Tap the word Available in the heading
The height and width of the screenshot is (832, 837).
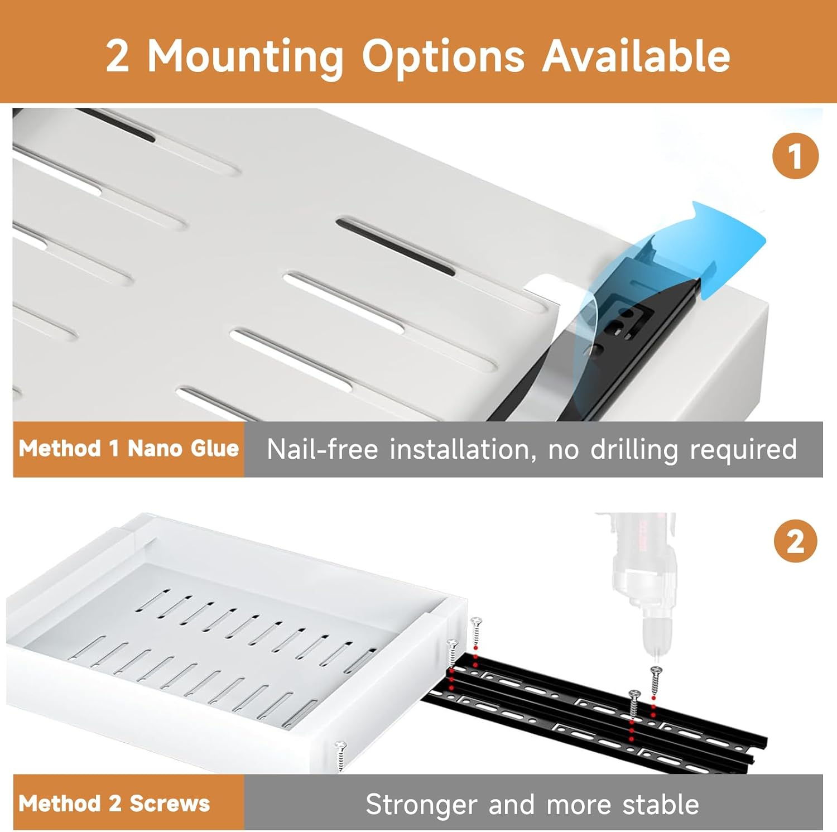[636, 56]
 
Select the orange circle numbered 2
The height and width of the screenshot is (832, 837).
[795, 541]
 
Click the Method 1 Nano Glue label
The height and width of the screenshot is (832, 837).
[129, 449]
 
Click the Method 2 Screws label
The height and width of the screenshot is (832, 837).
[114, 804]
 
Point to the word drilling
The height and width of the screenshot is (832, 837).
[634, 449]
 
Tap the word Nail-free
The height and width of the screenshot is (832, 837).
[322, 449]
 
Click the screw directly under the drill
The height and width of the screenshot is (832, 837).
[656, 681]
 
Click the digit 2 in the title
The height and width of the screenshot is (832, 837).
[117, 57]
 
